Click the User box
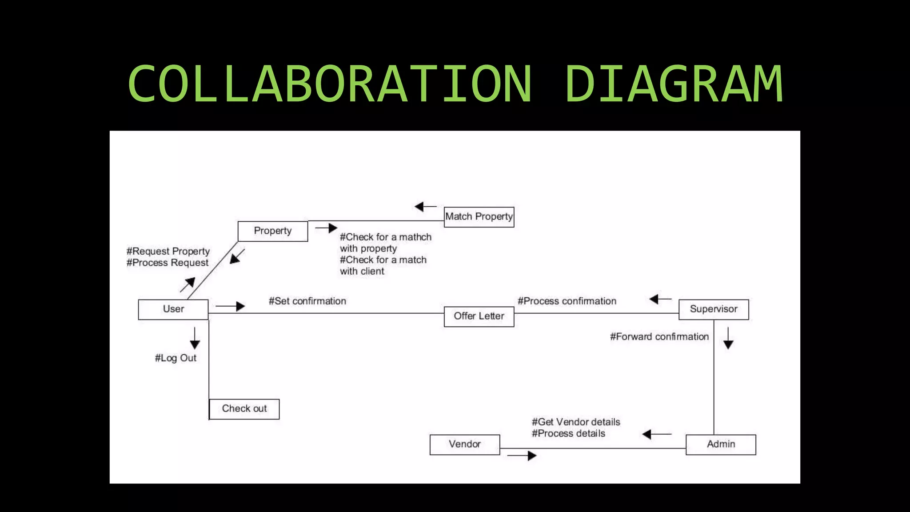point(173,309)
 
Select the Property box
point(273,231)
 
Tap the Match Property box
point(479,217)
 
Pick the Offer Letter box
point(479,316)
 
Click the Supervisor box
point(714,309)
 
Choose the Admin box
point(721,444)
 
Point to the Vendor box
point(465,444)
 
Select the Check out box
point(244,409)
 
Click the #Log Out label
point(176,358)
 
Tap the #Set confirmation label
point(307,301)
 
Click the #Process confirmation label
point(567,301)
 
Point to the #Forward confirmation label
point(659,337)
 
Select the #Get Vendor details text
point(576,422)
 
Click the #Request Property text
point(168,252)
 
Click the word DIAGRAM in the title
point(674,84)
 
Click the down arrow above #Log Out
point(195,339)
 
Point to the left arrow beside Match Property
point(425,207)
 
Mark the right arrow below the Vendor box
point(522,456)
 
